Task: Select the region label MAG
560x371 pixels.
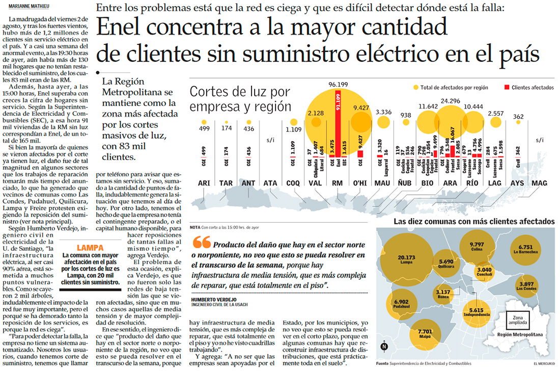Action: click(x=539, y=183)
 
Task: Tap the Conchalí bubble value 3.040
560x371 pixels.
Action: click(x=484, y=271)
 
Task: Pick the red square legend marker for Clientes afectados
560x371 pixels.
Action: click(x=506, y=88)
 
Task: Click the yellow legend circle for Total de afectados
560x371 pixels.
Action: click(x=416, y=88)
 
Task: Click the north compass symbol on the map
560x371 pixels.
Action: click(x=384, y=347)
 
